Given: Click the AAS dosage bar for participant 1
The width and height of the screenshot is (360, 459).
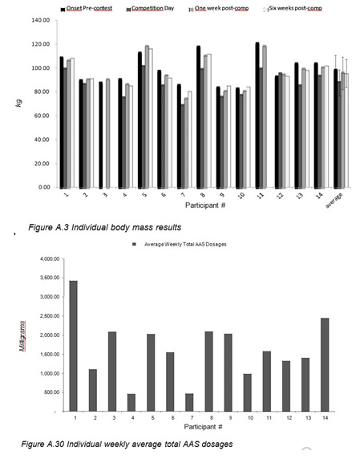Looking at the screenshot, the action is tap(74, 346).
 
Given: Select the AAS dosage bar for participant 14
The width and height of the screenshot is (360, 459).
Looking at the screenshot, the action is tap(325, 365).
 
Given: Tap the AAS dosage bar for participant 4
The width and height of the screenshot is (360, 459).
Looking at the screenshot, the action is tap(131, 403).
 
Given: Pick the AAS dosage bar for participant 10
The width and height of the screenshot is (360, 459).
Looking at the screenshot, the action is tap(248, 392).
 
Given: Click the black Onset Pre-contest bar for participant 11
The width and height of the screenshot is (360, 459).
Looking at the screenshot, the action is tap(257, 116).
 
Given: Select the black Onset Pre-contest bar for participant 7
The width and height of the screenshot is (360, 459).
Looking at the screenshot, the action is tap(179, 136).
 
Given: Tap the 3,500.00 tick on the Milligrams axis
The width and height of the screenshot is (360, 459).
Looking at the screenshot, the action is tap(50, 278).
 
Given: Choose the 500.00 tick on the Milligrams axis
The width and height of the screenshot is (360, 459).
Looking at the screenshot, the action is tap(52, 392).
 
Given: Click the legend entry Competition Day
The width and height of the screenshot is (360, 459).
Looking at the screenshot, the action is tap(152, 8).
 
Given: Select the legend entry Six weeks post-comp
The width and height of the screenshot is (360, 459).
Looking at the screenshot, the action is tap(295, 8).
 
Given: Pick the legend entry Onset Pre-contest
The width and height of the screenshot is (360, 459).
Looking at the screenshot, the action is tap(89, 8).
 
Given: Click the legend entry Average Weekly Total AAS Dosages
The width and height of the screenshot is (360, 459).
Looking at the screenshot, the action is tap(185, 244).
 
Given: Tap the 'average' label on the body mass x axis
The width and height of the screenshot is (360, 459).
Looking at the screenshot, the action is tap(334, 201).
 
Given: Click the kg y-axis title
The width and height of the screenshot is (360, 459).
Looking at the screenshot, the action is tap(18, 103).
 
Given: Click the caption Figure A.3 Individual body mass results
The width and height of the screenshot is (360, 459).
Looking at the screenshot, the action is tap(105, 227).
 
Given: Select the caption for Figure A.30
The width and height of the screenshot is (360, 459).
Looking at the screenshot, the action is tap(127, 444).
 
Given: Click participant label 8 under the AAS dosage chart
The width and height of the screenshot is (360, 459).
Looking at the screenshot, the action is tap(212, 418).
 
